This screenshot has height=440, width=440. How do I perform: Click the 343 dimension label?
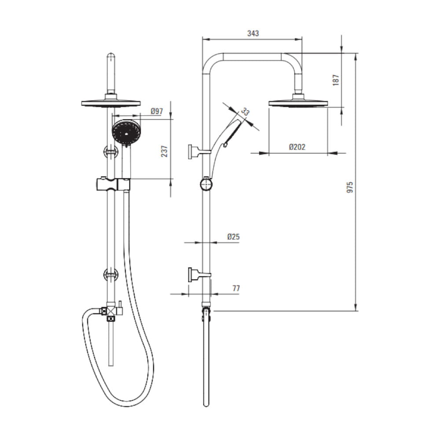253,33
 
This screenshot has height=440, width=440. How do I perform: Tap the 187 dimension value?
336,80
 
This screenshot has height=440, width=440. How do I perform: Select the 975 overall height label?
350,187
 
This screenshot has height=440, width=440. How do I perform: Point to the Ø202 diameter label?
297,147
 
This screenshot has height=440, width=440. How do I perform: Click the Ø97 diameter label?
157,111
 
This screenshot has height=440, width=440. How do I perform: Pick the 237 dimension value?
165,151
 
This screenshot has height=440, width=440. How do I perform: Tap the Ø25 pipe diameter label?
234,237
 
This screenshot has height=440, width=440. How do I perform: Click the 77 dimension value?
236,288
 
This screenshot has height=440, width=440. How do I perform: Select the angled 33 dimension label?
245,112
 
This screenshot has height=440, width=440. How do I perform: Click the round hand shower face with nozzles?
126,132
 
